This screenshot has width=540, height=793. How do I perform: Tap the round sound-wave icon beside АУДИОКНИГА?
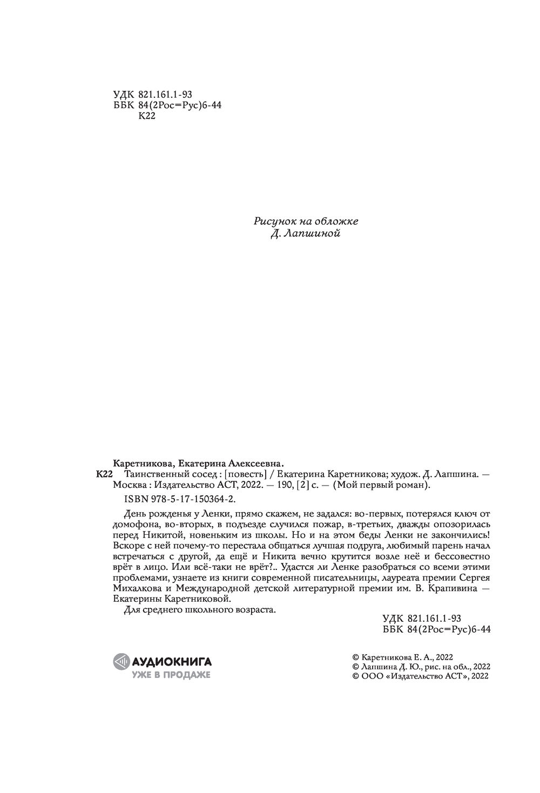(x=122, y=661)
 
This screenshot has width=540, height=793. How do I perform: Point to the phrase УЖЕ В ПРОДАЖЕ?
(x=171, y=675)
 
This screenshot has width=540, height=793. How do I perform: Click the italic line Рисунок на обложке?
(x=306, y=221)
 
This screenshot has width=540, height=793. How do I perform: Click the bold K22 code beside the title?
(x=103, y=474)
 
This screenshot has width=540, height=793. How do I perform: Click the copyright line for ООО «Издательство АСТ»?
(x=421, y=676)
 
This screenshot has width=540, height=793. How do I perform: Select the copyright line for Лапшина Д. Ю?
(x=421, y=667)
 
